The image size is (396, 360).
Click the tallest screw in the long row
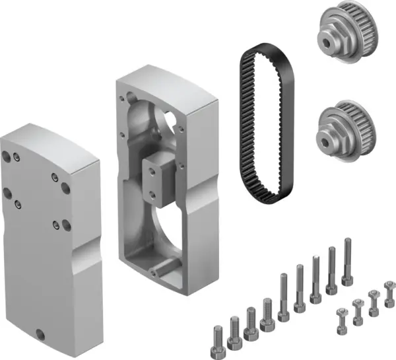347,261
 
